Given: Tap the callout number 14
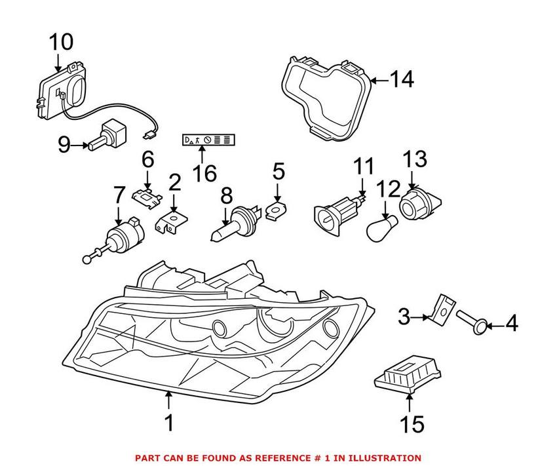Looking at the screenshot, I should pyautogui.click(x=401, y=80).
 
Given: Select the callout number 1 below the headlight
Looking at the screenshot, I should pyautogui.click(x=169, y=423).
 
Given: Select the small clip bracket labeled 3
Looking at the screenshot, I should pyautogui.click(x=442, y=309).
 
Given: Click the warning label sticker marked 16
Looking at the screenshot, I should pyautogui.click(x=209, y=140).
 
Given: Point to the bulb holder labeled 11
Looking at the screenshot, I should pyautogui.click(x=337, y=214).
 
